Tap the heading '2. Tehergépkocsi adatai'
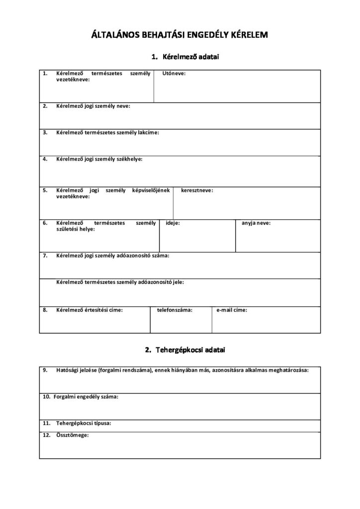[185, 350]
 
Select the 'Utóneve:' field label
[174, 73]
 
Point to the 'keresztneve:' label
[197, 190]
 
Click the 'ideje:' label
[173, 223]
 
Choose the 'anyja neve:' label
[256, 223]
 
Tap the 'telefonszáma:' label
[175, 310]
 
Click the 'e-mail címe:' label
[232, 310]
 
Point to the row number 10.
[46, 397]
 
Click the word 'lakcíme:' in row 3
[149, 133]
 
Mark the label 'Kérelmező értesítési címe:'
[90, 310]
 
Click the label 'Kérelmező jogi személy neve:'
[93, 106]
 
